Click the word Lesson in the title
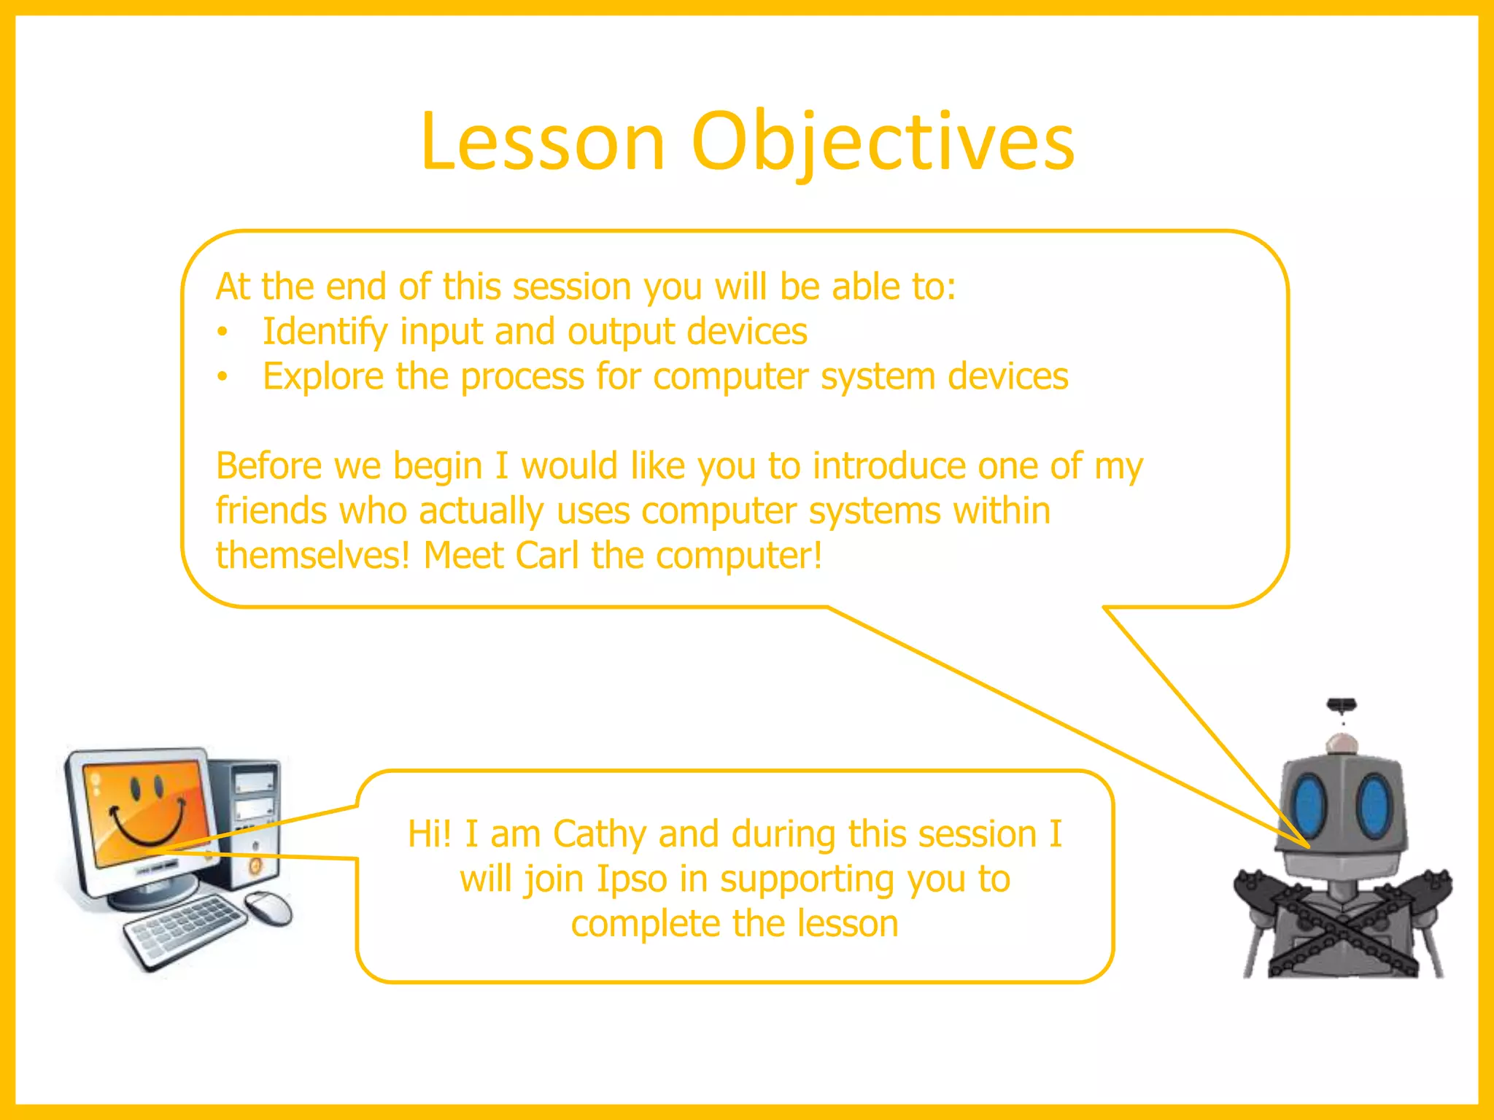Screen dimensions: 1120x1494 pos(543,142)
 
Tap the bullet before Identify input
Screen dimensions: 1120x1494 pos(222,332)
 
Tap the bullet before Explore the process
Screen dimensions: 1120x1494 pos(222,377)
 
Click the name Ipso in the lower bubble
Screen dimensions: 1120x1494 pos(632,879)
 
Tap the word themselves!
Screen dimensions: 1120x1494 pos(312,556)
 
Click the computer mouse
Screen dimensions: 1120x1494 pos(268,909)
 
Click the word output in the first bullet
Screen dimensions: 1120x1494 pos(621,332)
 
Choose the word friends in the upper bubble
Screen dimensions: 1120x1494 pos(271,510)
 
